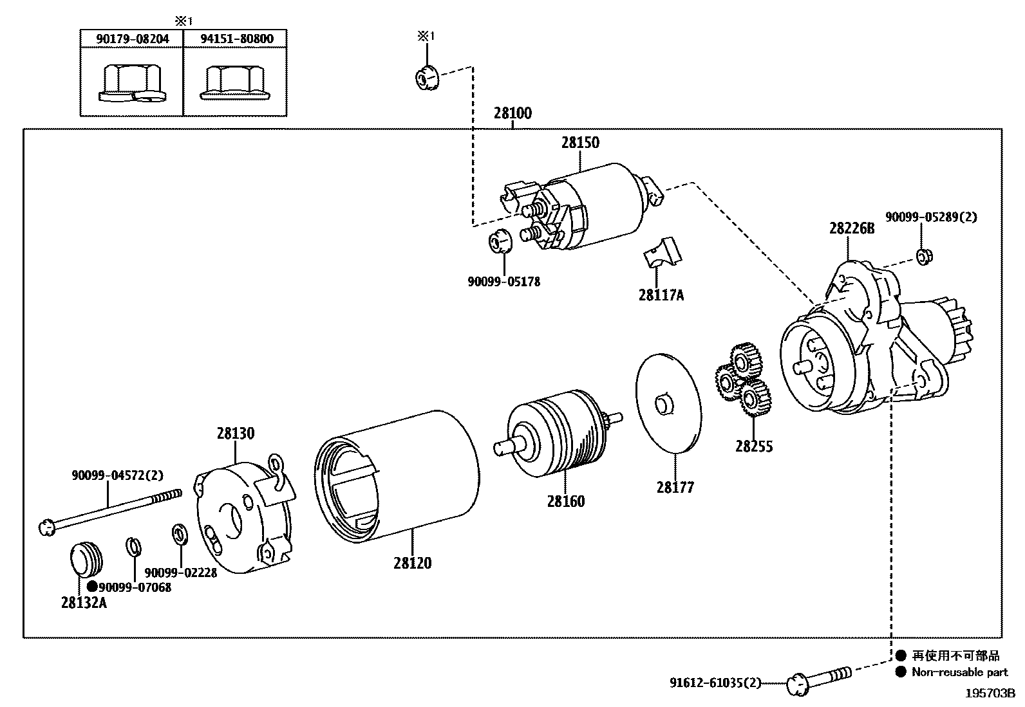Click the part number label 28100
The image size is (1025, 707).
(x=512, y=114)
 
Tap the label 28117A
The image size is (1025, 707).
(x=661, y=295)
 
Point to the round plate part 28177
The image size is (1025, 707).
(x=668, y=402)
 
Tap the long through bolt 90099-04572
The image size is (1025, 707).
(x=109, y=511)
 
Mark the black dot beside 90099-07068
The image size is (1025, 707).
(x=92, y=587)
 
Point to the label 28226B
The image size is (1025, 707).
(x=851, y=228)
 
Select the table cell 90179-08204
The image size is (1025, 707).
(x=132, y=39)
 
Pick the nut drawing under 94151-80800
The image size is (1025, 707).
(x=235, y=84)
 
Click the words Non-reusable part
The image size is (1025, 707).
(x=959, y=672)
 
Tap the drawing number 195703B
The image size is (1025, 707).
(x=990, y=694)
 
